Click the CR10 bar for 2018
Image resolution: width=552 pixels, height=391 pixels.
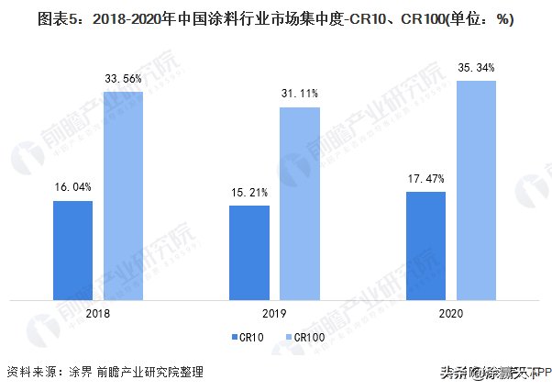tap(72, 249)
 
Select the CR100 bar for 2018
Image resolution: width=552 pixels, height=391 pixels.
tap(123, 195)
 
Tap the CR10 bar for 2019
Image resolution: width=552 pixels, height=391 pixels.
tap(249, 251)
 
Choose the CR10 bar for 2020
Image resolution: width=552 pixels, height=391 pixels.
tap(425, 244)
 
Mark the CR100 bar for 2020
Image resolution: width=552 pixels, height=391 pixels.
tap(476, 189)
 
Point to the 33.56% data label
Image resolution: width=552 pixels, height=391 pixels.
tap(123, 79)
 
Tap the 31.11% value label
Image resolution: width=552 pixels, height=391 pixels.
tap(300, 94)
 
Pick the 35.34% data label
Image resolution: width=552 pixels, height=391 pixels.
tap(476, 67)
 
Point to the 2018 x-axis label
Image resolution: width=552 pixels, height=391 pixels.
tap(98, 312)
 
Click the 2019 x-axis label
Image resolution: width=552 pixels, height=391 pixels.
tap(275, 312)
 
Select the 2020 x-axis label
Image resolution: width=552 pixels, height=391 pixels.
tap(451, 312)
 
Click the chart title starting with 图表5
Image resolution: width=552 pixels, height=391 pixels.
tap(275, 19)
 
